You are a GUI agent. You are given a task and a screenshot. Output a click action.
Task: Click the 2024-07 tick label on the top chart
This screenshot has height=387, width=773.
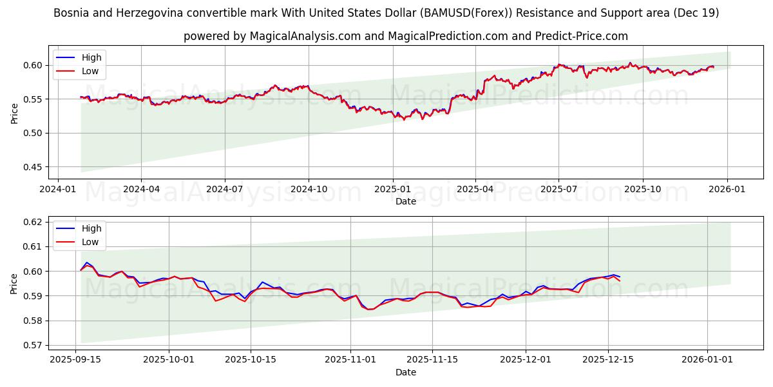[x=224, y=190]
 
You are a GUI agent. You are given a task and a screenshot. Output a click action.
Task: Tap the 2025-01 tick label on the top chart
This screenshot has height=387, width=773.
[x=392, y=190]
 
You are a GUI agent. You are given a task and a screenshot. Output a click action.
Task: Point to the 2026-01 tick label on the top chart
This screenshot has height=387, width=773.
[x=727, y=190]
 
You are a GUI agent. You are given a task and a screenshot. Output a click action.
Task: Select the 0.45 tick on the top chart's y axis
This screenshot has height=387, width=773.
[x=32, y=167]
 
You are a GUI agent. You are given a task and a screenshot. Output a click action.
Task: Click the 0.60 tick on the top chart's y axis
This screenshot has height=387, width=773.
[x=32, y=65]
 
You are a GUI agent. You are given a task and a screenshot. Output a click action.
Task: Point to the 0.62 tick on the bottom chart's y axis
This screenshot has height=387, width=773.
[x=32, y=222]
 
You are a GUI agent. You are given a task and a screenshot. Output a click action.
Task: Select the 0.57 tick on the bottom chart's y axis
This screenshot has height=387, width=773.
[x=32, y=345]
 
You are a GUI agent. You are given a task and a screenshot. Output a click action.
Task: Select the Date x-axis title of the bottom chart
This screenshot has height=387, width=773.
[x=406, y=372]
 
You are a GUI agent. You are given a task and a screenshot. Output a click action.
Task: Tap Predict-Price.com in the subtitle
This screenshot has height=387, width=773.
[x=582, y=36]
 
